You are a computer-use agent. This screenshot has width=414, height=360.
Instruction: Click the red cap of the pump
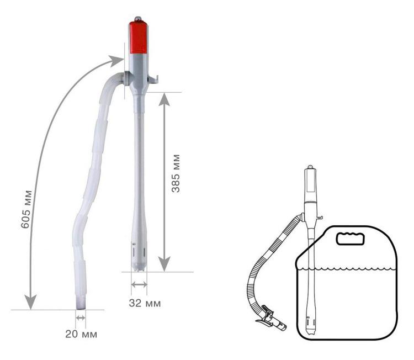(138, 36)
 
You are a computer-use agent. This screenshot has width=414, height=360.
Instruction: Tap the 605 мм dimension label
(26, 209)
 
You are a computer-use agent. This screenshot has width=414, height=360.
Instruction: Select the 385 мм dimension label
(176, 173)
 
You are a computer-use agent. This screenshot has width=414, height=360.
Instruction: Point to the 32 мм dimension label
(145, 303)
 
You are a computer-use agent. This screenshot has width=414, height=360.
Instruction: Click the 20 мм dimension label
(81, 334)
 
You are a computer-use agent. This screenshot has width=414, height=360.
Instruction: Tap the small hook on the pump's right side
(153, 80)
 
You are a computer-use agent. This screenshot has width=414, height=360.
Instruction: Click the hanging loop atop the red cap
(138, 19)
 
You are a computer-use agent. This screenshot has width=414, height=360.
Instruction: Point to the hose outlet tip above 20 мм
(81, 303)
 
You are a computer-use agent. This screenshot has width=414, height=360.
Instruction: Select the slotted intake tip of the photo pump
(139, 256)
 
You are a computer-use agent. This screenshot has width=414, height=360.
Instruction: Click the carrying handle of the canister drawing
(351, 239)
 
